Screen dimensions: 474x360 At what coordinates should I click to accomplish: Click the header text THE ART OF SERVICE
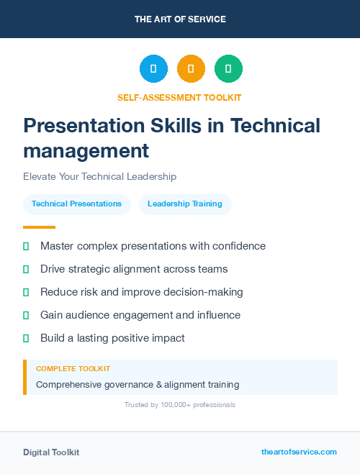tap(180, 19)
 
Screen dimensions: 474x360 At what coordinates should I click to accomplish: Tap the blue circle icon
tap(153, 69)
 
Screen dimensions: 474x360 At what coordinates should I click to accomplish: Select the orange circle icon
tap(191, 69)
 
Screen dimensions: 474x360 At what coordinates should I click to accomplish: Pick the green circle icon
tap(228, 69)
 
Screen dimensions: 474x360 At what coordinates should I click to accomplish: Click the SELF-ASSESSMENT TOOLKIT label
tap(179, 97)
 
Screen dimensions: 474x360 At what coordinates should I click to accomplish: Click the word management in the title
tap(86, 151)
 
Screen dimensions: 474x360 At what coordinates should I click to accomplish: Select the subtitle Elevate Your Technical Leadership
tap(99, 176)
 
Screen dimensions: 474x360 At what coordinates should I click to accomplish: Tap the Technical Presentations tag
tap(76, 204)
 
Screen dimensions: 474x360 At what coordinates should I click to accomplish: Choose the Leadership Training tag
tap(185, 204)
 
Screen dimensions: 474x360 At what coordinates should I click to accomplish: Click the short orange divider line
tap(39, 227)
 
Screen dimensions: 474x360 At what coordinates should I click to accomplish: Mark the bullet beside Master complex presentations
tap(26, 246)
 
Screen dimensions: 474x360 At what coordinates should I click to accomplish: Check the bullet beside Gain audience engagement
tap(26, 315)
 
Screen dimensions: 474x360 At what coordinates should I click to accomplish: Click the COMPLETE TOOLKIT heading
tap(73, 368)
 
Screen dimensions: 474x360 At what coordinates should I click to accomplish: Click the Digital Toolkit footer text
tap(51, 452)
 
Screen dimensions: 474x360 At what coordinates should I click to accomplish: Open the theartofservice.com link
tap(299, 452)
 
